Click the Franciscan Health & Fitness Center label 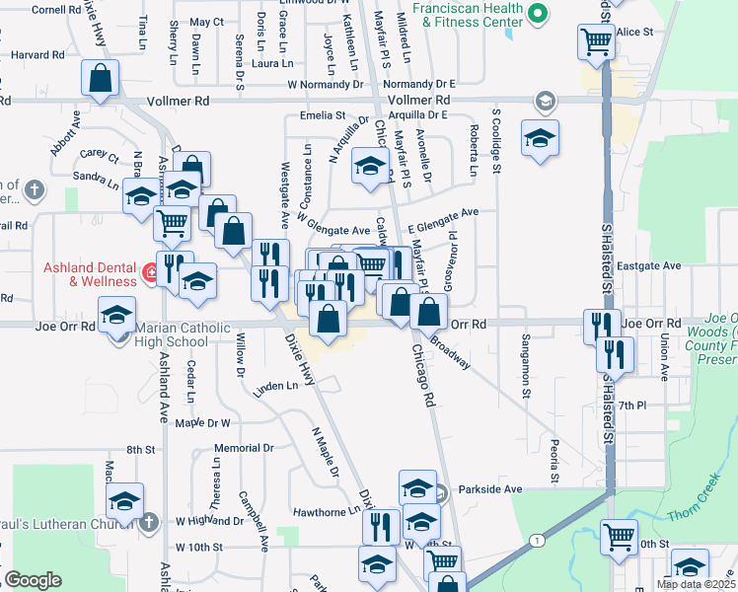click(x=468, y=14)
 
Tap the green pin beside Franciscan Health click(x=537, y=14)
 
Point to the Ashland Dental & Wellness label click(x=90, y=274)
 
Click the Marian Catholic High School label click(x=172, y=335)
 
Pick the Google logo click(x=33, y=580)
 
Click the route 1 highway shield click(x=536, y=540)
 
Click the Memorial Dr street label click(x=243, y=447)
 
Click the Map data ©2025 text click(x=696, y=584)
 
